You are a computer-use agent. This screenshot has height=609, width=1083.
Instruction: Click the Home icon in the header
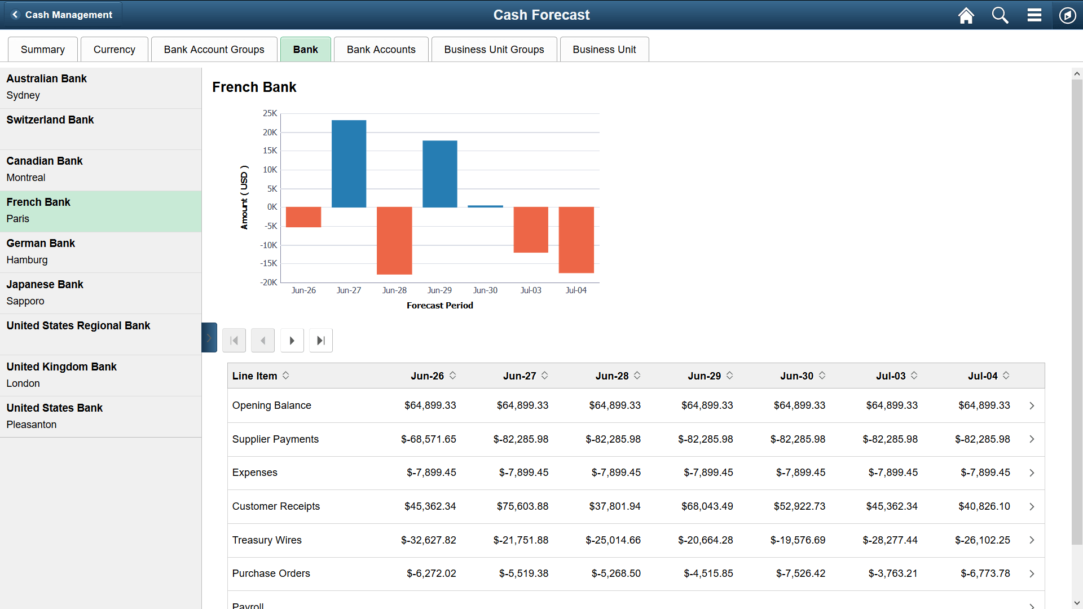[x=966, y=15]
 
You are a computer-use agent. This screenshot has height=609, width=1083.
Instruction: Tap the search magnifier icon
[x=1000, y=15]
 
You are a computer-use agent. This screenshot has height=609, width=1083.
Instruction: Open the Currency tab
[x=114, y=50]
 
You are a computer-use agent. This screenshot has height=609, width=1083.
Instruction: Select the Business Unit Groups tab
[x=494, y=50]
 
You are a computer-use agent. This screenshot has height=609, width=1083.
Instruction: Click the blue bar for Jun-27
[x=349, y=164]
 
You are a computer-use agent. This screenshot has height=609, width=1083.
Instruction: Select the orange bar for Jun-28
[x=394, y=240]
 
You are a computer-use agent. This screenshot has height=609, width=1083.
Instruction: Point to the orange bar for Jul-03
[x=530, y=230]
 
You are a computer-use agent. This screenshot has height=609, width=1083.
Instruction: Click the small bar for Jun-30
[x=485, y=206]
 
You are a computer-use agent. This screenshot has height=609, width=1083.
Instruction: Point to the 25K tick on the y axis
[x=270, y=113]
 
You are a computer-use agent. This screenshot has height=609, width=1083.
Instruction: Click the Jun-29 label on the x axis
[x=439, y=290]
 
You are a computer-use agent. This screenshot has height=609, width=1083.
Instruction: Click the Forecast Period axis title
[x=439, y=306]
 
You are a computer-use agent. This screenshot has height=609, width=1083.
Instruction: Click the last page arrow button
[x=321, y=341]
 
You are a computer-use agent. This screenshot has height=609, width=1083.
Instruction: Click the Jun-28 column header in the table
[x=611, y=376]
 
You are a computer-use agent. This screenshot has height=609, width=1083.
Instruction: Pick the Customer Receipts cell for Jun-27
[x=522, y=506]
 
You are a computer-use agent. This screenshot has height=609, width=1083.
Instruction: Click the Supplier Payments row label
[x=275, y=439]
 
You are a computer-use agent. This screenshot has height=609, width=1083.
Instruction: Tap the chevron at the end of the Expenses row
[x=1032, y=473]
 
